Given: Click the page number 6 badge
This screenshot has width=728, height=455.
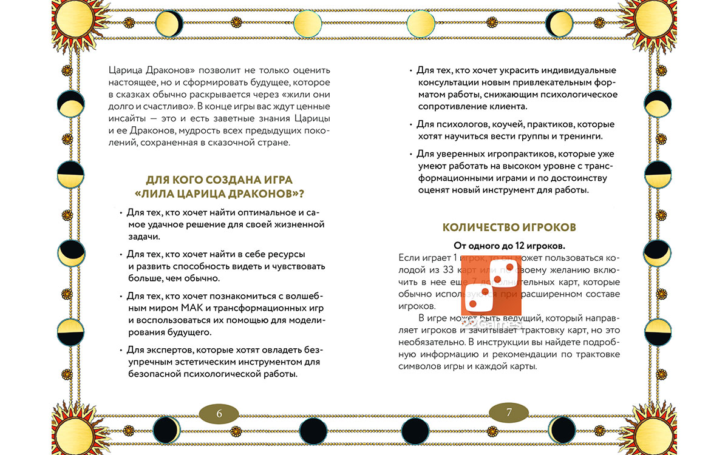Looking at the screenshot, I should pyautogui.click(x=219, y=414).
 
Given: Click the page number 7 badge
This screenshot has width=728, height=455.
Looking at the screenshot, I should pyautogui.click(x=509, y=413).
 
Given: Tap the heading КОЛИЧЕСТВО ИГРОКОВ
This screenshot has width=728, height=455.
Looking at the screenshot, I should pyautogui.click(x=509, y=227).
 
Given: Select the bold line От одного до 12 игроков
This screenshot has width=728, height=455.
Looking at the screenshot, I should pyautogui.click(x=509, y=246).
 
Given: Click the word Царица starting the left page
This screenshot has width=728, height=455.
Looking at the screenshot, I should pyautogui.click(x=125, y=70).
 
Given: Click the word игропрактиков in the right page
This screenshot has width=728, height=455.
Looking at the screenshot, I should pyautogui.click(x=523, y=154).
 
